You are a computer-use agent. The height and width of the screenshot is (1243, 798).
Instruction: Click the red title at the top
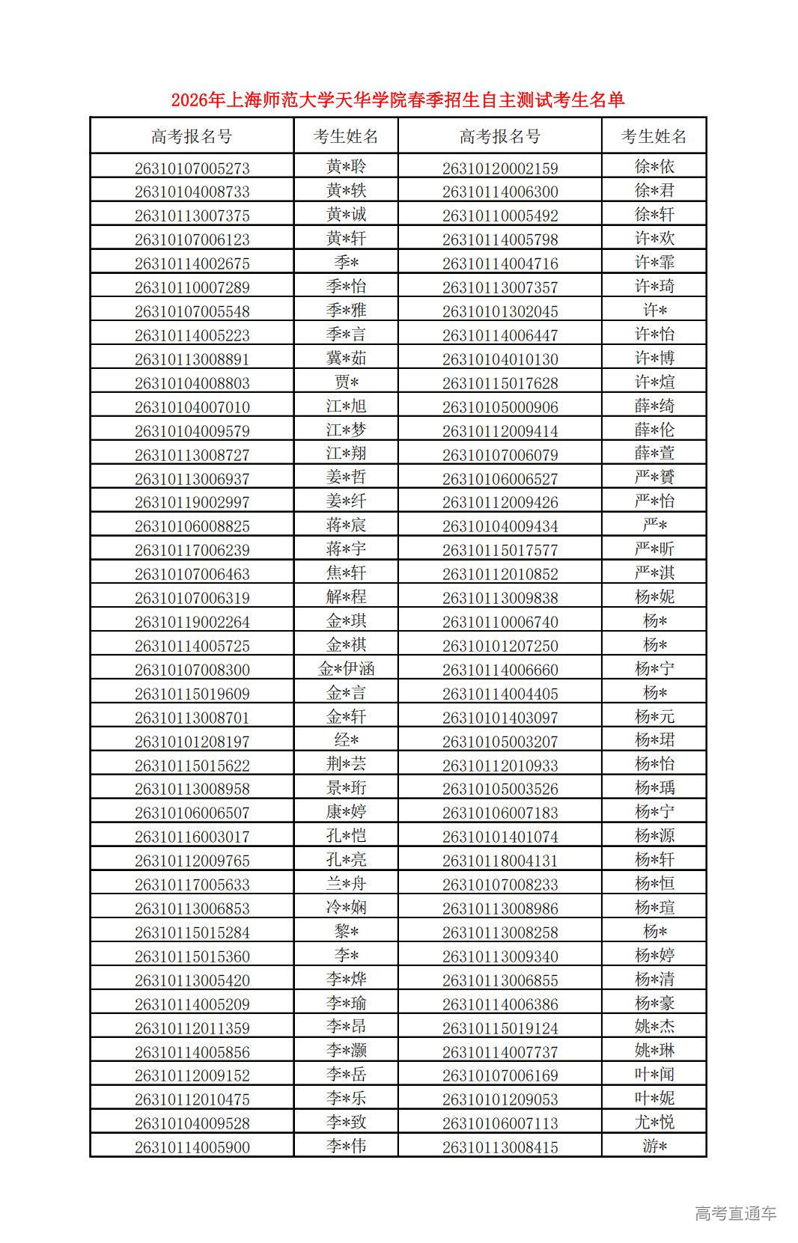(398, 100)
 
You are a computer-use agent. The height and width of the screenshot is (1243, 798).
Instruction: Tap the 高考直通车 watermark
(735, 1213)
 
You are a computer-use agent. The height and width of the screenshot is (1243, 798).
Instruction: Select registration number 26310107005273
(192, 168)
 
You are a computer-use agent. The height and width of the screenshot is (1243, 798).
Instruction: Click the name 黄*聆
(346, 167)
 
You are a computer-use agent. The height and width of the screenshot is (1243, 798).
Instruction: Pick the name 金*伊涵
(346, 669)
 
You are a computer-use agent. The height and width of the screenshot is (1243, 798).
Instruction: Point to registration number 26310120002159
(499, 168)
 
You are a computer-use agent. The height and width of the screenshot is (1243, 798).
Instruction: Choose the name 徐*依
(654, 167)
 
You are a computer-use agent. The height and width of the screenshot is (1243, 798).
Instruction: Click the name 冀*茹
(346, 358)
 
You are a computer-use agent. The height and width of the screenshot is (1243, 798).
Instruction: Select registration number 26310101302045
(499, 311)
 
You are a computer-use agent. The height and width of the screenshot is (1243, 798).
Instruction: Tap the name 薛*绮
(654, 406)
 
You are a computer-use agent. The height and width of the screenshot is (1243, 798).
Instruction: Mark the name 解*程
(346, 597)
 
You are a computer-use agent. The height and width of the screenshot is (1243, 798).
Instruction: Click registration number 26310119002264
(192, 621)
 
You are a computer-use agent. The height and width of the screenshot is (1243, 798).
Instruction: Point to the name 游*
(654, 1146)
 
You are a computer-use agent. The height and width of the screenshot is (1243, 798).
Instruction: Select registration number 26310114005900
(192, 1146)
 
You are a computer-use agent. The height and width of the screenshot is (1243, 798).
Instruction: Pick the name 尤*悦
(654, 1122)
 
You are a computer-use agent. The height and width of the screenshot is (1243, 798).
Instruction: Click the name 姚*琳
(654, 1051)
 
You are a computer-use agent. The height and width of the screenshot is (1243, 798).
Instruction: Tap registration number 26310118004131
(499, 860)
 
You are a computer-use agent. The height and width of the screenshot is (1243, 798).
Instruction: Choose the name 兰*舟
(346, 884)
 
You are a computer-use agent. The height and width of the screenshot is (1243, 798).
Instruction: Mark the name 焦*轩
(346, 573)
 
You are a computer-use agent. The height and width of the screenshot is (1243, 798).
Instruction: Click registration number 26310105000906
(499, 406)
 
